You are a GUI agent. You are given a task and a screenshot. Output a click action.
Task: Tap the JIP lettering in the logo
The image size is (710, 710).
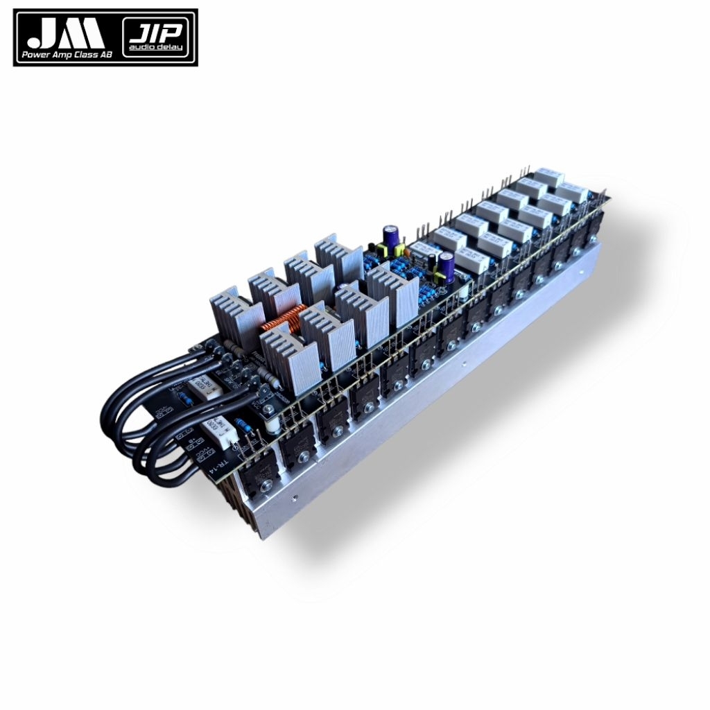[x=159, y=32]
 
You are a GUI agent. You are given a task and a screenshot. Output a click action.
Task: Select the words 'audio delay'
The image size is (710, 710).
[x=159, y=53]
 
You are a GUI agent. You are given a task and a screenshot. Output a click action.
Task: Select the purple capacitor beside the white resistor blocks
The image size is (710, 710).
[x=447, y=266]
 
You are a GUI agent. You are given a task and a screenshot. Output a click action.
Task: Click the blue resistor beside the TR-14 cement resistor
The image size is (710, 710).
[x=243, y=424]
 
